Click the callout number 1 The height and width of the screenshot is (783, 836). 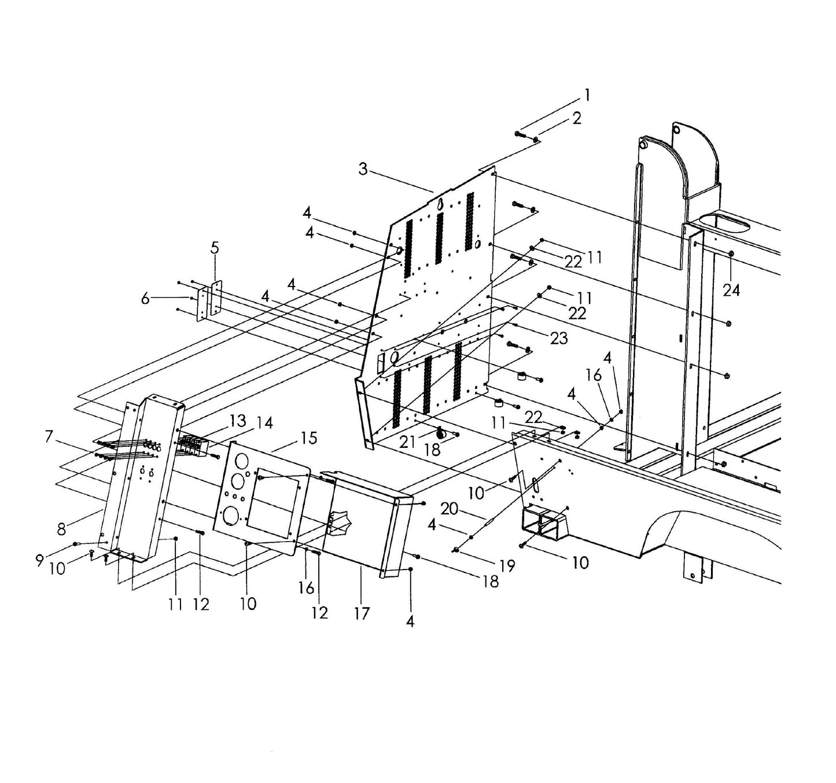tap(587, 95)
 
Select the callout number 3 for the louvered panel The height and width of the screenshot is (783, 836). tap(363, 170)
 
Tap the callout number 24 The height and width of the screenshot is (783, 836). tap(731, 290)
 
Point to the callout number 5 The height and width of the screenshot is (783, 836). tap(215, 248)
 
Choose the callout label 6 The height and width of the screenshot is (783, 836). tap(145, 299)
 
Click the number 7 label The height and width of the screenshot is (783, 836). tap(50, 436)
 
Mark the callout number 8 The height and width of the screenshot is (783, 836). tap(62, 529)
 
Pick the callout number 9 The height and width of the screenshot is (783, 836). tap(39, 560)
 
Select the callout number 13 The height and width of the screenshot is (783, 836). tap(237, 421)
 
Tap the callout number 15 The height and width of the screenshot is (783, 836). tap(309, 438)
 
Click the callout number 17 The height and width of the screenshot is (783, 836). tap(361, 613)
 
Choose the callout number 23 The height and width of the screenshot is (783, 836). tap(558, 338)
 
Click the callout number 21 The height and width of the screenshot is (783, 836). tap(407, 442)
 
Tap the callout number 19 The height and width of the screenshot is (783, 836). tap(506, 566)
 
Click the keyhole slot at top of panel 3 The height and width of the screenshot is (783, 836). tap(440, 204)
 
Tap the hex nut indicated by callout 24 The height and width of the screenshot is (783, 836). tap(732, 253)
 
